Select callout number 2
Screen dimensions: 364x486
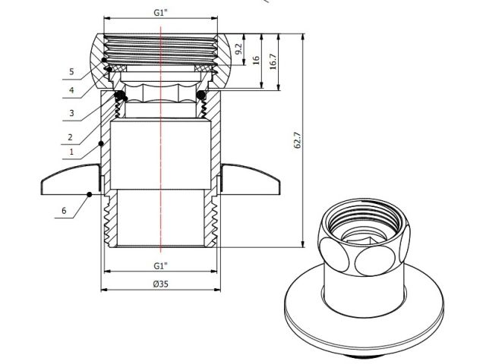coord(70,138)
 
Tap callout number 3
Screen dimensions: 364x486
coord(70,112)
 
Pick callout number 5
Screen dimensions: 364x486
coord(70,72)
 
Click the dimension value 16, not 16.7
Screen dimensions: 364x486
coord(257,58)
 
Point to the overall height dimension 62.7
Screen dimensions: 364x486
coord(298,140)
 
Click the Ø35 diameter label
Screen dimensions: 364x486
coord(160,284)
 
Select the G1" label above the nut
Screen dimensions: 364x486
coord(160,11)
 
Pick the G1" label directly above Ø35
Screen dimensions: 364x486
coord(160,266)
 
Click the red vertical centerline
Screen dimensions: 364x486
coord(161,152)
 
